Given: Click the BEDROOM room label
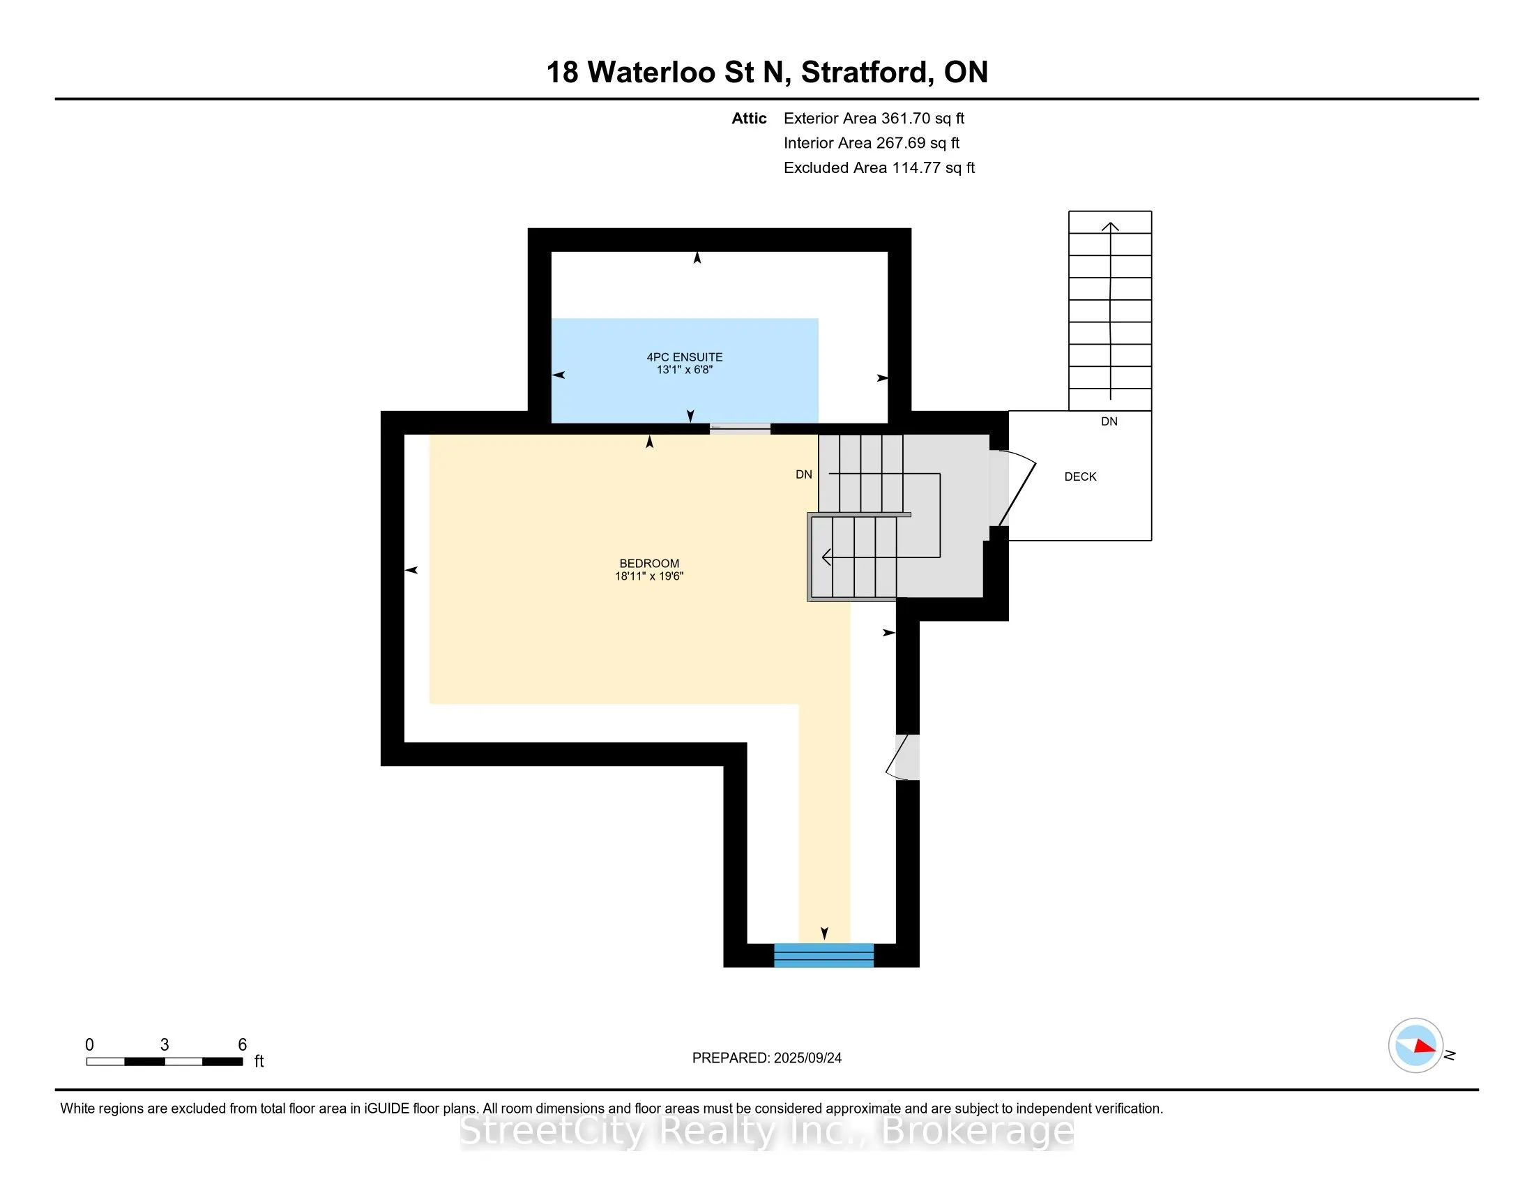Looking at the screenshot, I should [649, 563].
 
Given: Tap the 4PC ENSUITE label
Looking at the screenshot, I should [684, 357].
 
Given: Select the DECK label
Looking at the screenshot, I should [1079, 476].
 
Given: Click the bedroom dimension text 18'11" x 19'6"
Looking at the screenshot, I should [649, 576].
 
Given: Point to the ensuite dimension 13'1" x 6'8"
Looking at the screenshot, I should [684, 370].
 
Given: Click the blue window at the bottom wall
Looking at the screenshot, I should [823, 956].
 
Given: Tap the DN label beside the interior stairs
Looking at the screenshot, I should [803, 474].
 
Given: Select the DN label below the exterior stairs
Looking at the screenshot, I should [1109, 421].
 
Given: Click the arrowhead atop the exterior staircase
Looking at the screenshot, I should [1110, 226].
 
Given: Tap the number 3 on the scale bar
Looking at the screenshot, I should [165, 1045].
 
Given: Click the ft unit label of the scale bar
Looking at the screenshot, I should [259, 1061].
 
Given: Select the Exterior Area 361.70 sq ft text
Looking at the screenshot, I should [874, 118].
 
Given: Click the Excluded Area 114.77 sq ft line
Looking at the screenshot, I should [879, 167].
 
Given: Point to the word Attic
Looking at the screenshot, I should [748, 118].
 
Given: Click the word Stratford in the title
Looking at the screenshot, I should [867, 72].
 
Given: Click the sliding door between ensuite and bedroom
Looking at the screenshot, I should [739, 428].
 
